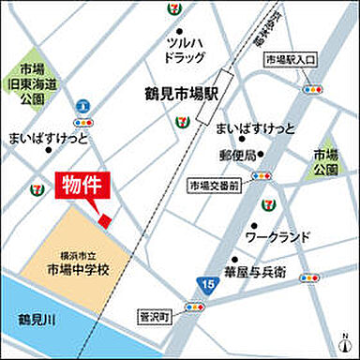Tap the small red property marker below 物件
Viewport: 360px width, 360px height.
coord(106,219)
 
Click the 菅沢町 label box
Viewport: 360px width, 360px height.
coord(152,318)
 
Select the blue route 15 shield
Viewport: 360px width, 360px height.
coord(205,281)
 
